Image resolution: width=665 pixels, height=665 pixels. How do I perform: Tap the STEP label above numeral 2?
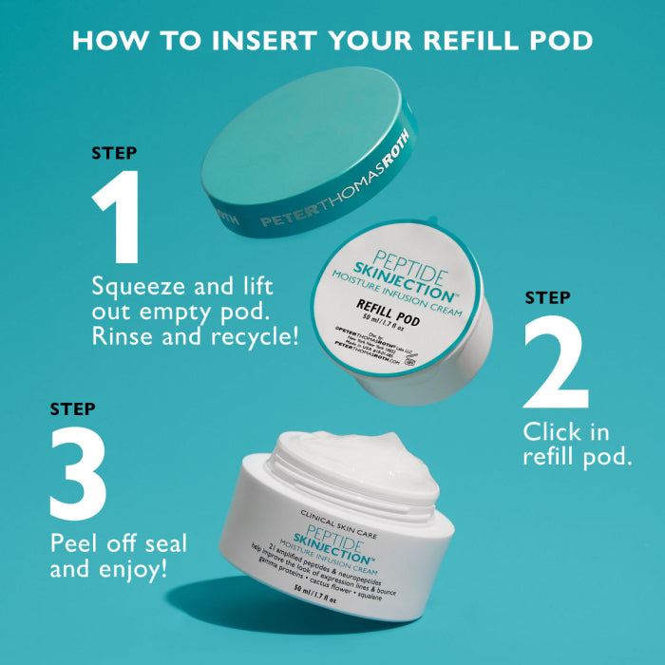pos(548,298)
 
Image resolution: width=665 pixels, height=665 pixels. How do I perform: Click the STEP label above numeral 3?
pos(72,409)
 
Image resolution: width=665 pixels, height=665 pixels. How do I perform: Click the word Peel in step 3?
pos(73,545)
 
